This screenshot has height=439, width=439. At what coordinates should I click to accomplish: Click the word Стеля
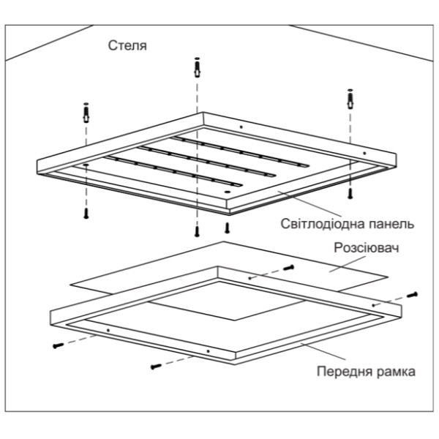127,46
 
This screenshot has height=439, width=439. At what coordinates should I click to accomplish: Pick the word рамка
397,371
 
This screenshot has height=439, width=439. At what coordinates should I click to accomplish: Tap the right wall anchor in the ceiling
349,97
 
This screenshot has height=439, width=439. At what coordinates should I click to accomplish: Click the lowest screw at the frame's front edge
155,364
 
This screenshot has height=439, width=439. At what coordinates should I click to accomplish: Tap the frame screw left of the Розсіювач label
288,269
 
